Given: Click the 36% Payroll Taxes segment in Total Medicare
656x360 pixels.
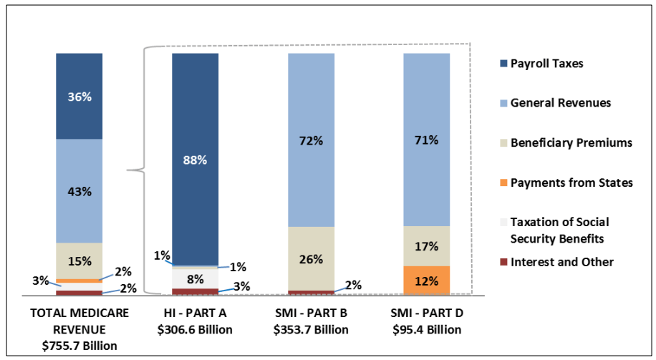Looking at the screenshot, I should click(79, 96).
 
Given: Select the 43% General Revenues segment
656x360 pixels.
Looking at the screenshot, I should click(79, 191).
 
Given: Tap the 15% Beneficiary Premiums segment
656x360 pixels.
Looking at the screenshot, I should click(79, 260).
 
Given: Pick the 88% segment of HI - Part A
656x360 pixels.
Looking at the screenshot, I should click(195, 159).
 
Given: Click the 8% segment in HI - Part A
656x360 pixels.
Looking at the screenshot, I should click(195, 278).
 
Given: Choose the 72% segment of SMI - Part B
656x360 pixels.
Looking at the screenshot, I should click(311, 140).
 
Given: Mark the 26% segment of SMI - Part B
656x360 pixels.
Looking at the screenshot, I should click(311, 258).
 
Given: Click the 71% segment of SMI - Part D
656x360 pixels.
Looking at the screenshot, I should click(427, 140).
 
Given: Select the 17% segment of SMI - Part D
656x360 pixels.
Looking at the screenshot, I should click(427, 246).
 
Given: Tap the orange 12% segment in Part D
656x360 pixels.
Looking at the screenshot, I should click(427, 280).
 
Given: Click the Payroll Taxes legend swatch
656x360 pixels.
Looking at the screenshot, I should click(503, 64).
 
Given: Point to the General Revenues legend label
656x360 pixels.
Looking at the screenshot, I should click(560, 103).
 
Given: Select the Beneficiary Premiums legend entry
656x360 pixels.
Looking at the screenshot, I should click(571, 143).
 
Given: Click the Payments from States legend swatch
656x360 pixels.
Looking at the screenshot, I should click(503, 183).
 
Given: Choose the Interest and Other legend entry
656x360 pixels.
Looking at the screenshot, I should click(561, 262).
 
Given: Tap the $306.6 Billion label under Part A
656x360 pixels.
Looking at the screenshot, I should click(195, 330).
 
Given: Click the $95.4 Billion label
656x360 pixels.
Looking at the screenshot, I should click(427, 330).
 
